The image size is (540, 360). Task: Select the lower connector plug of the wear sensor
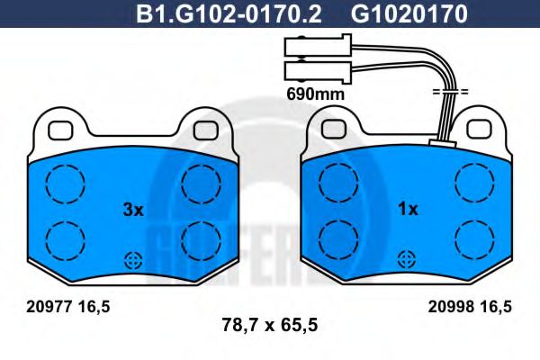click(x=311, y=70)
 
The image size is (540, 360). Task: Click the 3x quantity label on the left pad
click(x=132, y=210)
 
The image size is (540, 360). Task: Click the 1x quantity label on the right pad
click(x=408, y=210)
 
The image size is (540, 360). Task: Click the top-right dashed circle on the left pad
click(x=199, y=184)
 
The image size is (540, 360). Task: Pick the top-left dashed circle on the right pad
click(x=340, y=184)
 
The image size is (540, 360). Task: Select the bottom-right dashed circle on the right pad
click(x=474, y=238)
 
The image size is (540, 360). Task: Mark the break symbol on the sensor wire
click(x=450, y=93)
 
